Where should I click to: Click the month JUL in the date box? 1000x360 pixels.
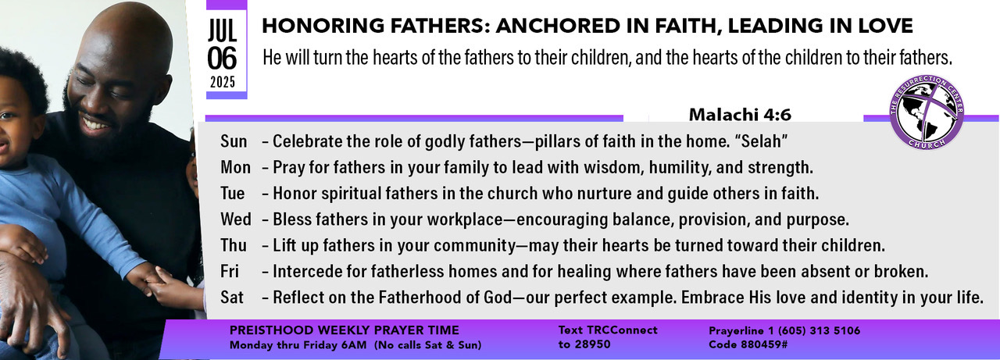coord(223,30)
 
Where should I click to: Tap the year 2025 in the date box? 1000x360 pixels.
coord(223,82)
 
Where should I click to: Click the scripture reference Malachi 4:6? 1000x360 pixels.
coord(740,115)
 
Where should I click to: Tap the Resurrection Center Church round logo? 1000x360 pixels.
coord(927,112)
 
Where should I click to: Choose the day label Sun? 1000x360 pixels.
coord(234,141)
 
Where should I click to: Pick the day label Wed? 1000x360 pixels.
coord(235,219)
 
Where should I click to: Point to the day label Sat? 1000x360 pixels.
coord(232,298)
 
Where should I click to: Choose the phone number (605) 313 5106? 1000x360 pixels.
coord(819,331)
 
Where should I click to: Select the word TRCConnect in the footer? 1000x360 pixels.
coord(622,330)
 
